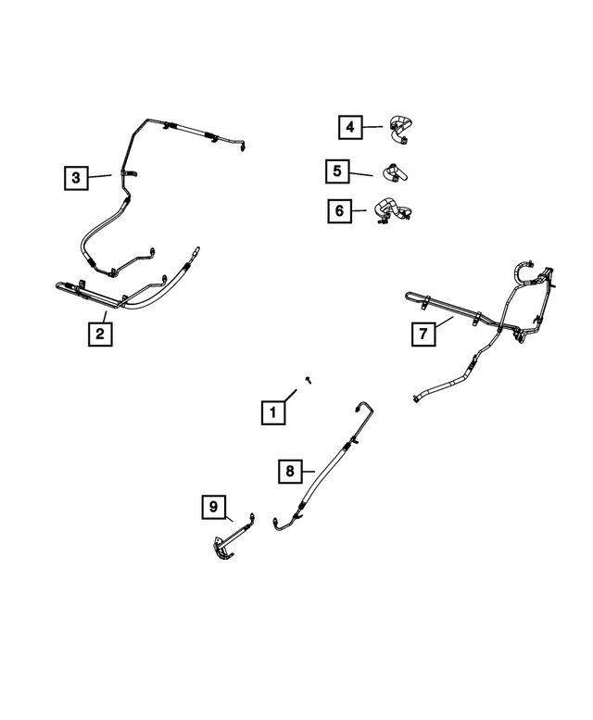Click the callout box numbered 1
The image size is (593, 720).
[x=273, y=412]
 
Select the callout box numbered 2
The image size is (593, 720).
[x=100, y=334]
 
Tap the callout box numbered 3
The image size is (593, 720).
[x=76, y=178]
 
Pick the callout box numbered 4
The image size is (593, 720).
[x=350, y=127]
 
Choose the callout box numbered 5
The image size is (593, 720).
[x=337, y=171]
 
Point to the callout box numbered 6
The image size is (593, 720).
[x=340, y=211]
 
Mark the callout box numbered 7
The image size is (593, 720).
[x=423, y=334]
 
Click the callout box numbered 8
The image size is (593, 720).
[x=290, y=471]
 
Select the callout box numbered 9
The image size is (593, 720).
[x=214, y=507]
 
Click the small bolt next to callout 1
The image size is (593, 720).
[x=309, y=380]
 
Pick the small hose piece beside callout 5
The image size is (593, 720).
[x=396, y=173]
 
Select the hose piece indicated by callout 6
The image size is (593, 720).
[x=393, y=211]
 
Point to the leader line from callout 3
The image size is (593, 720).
[x=100, y=176]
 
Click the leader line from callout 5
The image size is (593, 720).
[x=360, y=174]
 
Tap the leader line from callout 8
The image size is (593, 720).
[x=308, y=471]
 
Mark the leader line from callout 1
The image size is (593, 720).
[x=291, y=396]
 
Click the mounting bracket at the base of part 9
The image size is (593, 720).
[x=223, y=550]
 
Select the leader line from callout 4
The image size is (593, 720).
[x=372, y=127]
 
